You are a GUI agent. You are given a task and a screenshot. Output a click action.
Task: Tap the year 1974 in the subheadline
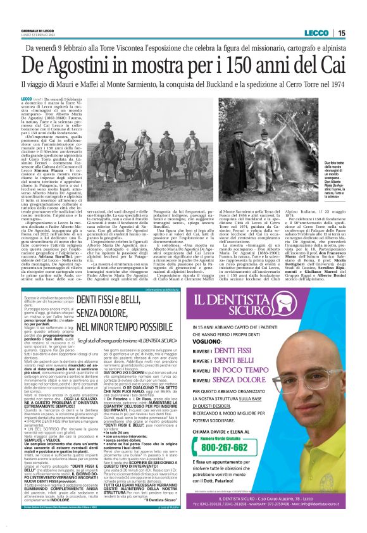click(x=335, y=84)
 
